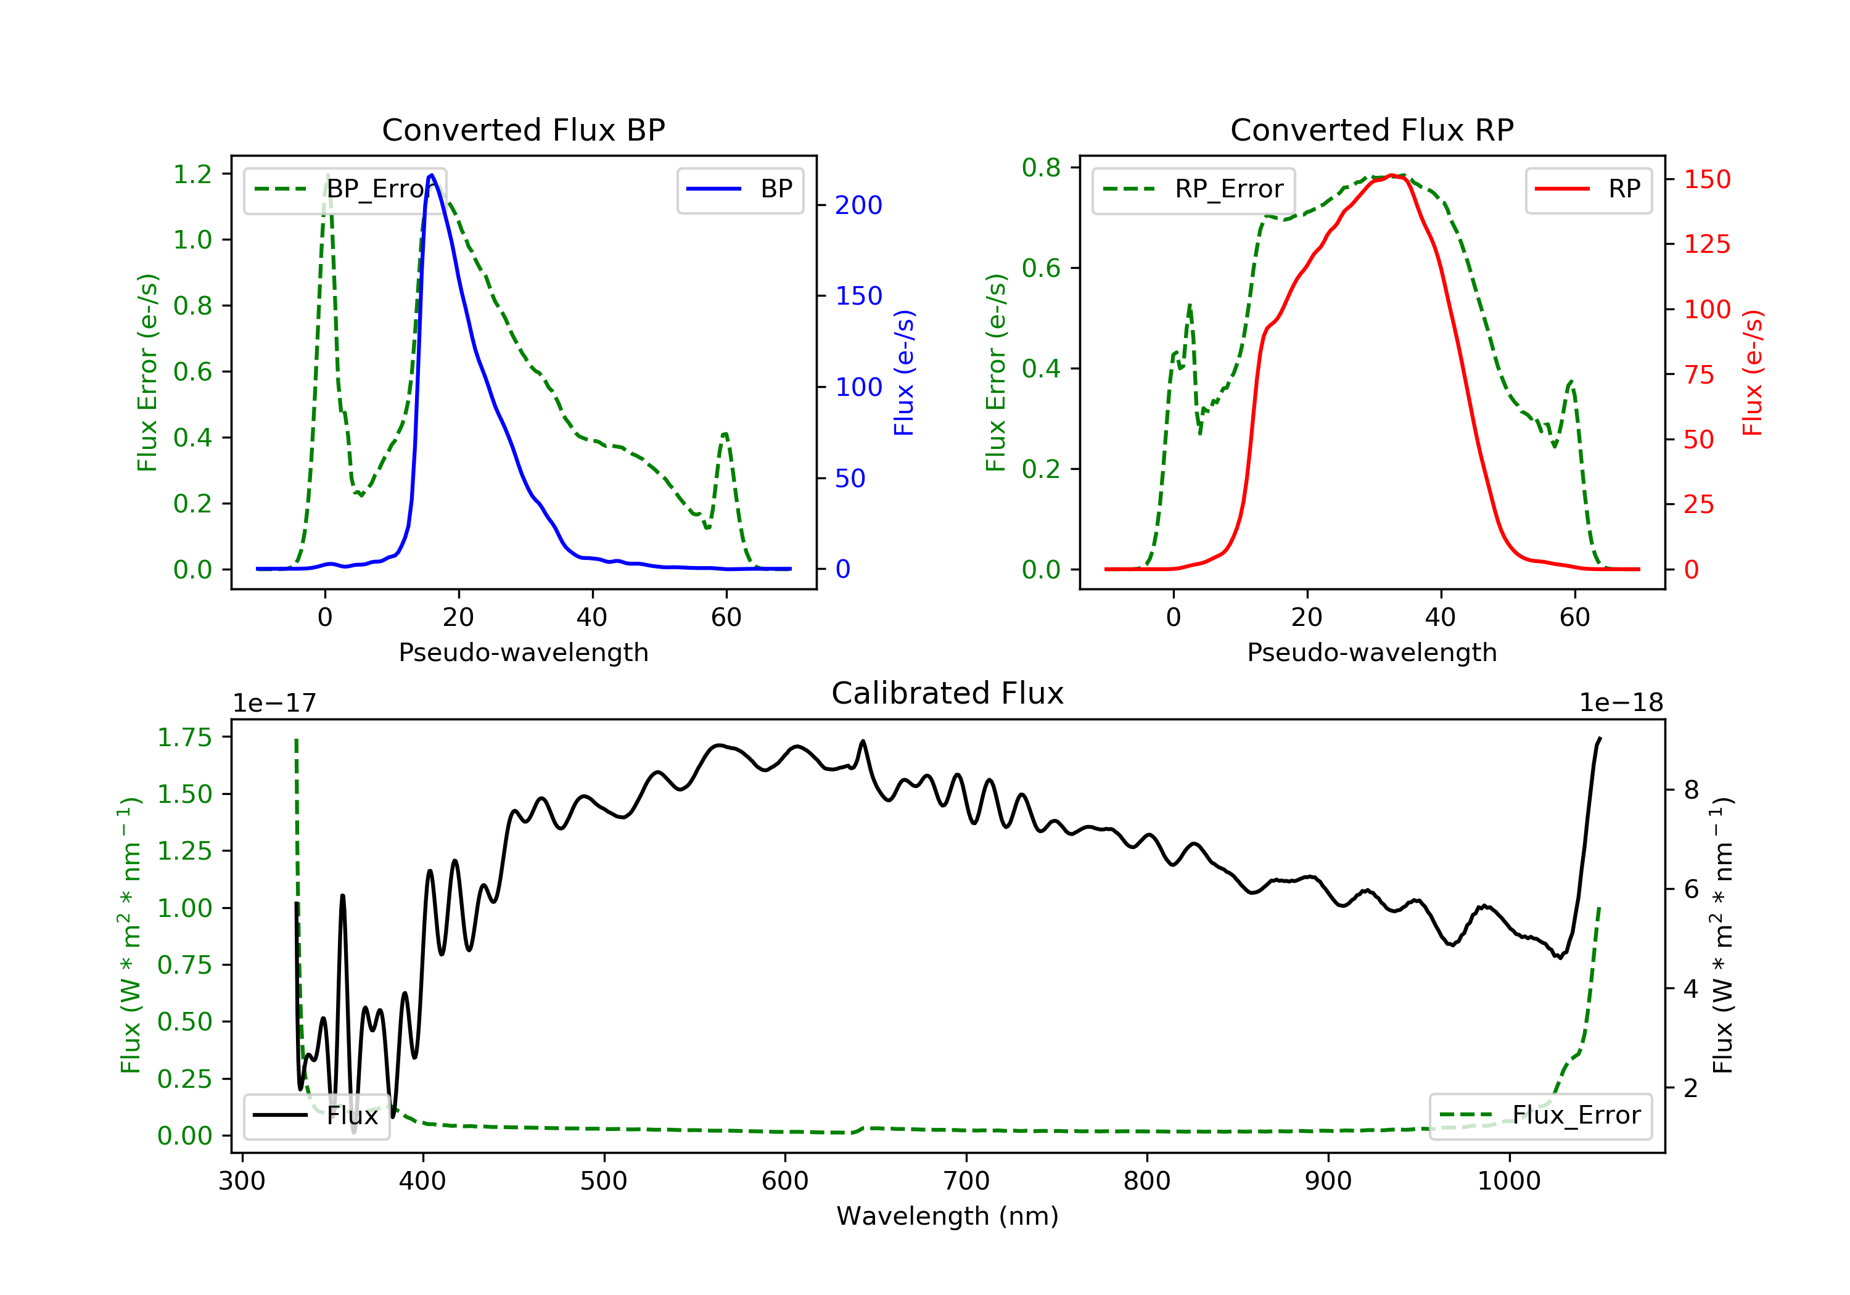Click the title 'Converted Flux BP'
tap(523, 129)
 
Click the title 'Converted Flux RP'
tap(1371, 129)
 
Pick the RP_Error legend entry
tap(1193, 189)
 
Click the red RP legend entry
tap(1588, 189)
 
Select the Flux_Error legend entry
tap(1540, 1116)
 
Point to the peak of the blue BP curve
tap(431, 175)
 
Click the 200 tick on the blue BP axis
tap(858, 205)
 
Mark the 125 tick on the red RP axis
tap(1706, 244)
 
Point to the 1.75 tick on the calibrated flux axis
tap(184, 738)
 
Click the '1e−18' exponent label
tap(1621, 703)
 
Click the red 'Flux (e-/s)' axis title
tap(1753, 372)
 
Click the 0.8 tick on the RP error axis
tap(1041, 168)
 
